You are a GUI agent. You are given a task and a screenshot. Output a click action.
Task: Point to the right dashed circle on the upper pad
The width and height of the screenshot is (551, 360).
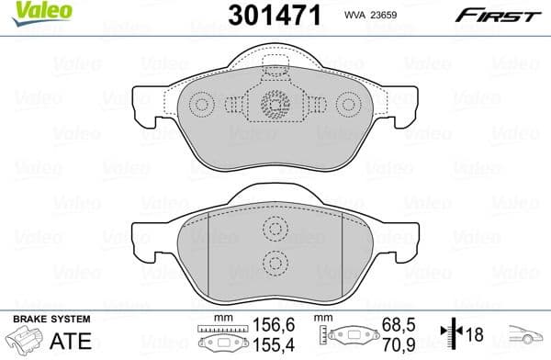click(x=348, y=106)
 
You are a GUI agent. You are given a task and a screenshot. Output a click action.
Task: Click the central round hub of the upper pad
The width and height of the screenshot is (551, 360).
click(x=275, y=106)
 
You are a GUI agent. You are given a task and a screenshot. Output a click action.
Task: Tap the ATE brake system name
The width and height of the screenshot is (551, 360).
click(x=71, y=339)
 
